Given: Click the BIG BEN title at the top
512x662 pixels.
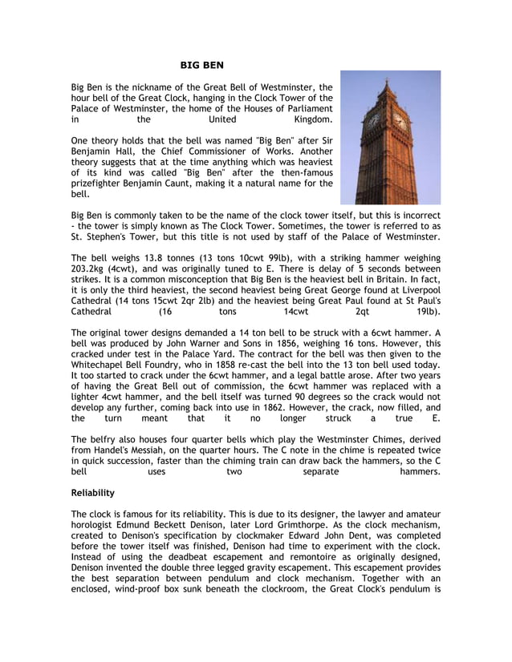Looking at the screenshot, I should point(201,64).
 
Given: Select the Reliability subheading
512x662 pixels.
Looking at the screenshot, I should point(92,492).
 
